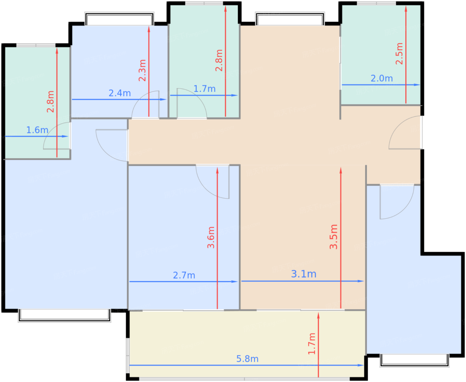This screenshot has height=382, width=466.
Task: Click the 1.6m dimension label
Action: click(37, 130)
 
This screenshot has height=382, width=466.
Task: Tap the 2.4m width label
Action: click(119, 93)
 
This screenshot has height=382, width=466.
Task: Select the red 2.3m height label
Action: click(142, 70)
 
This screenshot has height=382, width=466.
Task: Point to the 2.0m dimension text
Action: click(381, 79)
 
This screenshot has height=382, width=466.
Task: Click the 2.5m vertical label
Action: click(399, 54)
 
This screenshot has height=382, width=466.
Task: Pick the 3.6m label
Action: click(211, 237)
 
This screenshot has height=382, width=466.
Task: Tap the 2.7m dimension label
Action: click(184, 275)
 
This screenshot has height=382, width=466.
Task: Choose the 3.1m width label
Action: click(304, 274)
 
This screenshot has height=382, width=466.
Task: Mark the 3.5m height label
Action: click(334, 237)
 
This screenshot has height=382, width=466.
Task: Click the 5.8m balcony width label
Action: click(247, 359)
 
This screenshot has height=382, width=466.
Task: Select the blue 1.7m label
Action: click(204, 89)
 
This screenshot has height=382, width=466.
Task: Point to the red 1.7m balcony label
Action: click(312, 344)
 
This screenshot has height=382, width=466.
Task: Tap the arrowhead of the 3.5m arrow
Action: click(341, 170)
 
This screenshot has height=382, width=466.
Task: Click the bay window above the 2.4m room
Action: click(119, 19)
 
